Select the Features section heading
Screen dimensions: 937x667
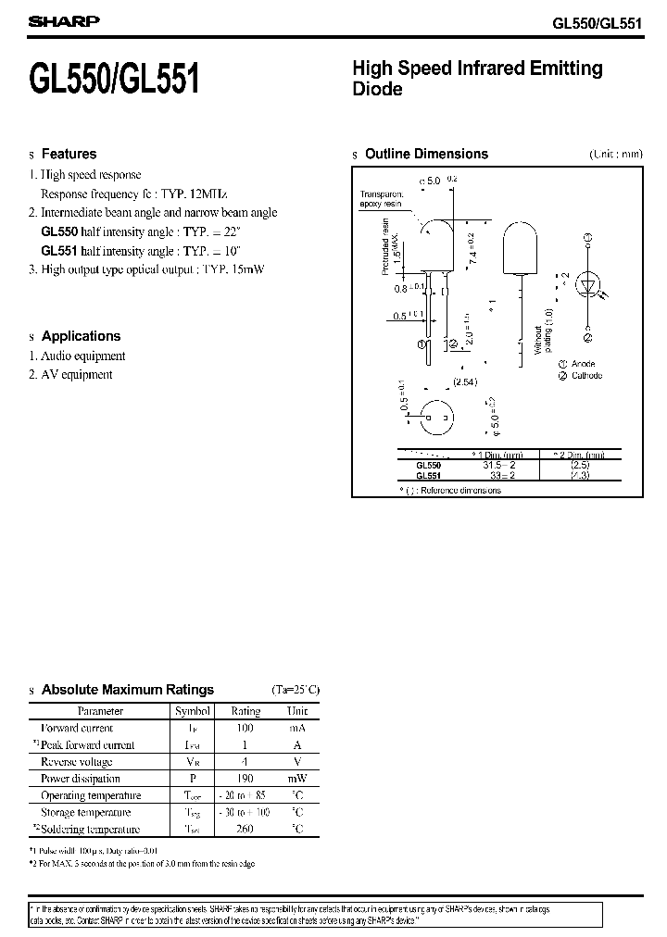(x=69, y=154)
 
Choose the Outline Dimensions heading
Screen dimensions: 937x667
(x=426, y=154)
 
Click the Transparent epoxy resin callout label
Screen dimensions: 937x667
(x=381, y=199)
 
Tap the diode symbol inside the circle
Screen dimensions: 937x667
(x=587, y=284)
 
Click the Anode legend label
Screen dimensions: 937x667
(x=583, y=365)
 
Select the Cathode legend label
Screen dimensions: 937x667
(x=586, y=376)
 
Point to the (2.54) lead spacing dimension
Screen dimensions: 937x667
(x=464, y=381)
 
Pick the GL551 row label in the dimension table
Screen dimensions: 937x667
(x=428, y=477)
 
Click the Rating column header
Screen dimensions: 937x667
(x=245, y=711)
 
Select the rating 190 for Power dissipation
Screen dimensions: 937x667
(x=245, y=779)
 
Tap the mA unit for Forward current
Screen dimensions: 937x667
(x=297, y=729)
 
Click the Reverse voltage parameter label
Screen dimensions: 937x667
(x=77, y=762)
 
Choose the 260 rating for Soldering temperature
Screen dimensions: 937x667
(x=245, y=830)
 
